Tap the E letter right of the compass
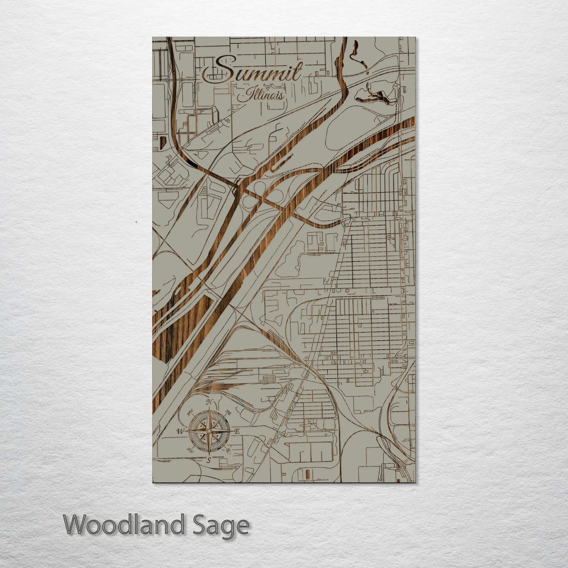(237, 432)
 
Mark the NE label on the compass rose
(228, 413)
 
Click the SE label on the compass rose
(228, 450)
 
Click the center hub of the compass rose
(209, 431)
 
